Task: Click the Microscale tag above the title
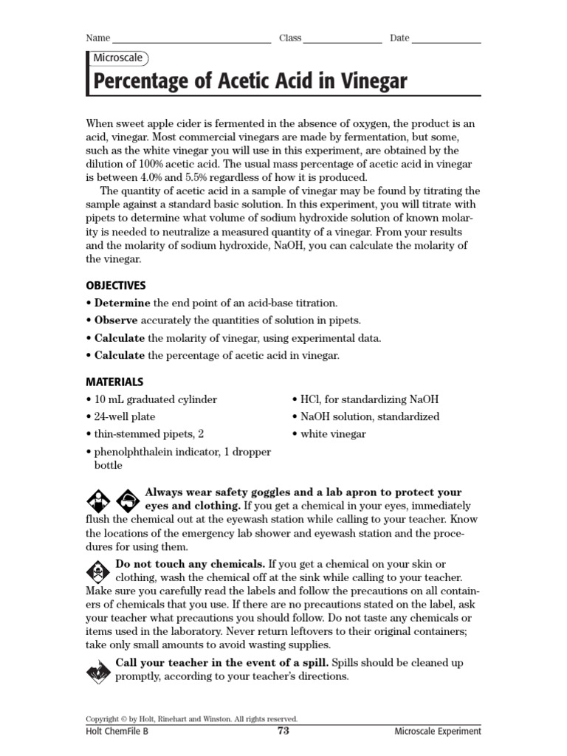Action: pos(118,58)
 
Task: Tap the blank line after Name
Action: pos(192,40)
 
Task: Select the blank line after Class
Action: pos(342,40)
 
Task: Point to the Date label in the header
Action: pos(399,38)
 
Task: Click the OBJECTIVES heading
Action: pos(116,286)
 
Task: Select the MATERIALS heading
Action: pos(114,382)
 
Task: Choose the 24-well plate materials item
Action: pos(124,416)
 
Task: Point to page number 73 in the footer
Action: pos(283,731)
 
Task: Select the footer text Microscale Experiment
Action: pos(437,732)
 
